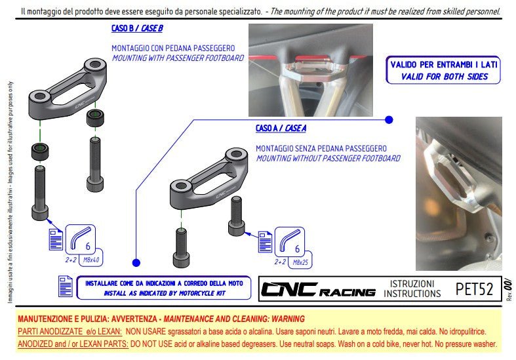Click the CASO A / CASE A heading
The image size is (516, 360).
[x=281, y=129]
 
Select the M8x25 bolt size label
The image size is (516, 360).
[x=300, y=262]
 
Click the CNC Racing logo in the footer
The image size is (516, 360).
[x=318, y=289]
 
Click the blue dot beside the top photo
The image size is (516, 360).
[x=389, y=120]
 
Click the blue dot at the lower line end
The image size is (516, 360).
[x=136, y=262]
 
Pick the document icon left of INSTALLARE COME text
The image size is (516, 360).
[x=66, y=287]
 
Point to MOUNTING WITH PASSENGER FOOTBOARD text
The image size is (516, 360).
[x=178, y=58]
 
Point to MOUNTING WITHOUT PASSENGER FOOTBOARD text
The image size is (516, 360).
[x=327, y=159]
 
